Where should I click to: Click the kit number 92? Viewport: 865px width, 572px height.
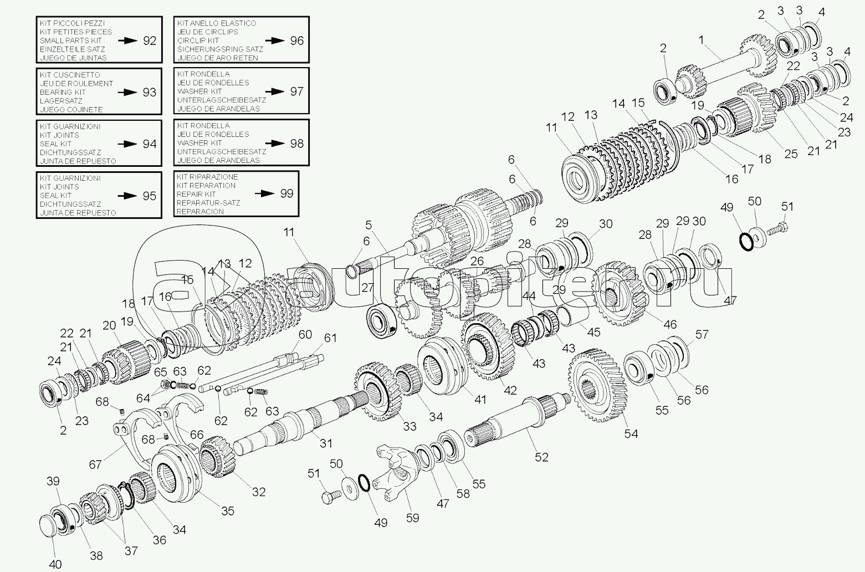(150, 40)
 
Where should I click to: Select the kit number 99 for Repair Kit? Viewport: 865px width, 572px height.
(286, 193)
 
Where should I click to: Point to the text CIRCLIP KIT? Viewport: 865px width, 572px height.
(198, 40)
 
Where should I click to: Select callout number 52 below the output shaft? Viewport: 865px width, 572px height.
(541, 457)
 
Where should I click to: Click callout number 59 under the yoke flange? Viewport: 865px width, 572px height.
(412, 518)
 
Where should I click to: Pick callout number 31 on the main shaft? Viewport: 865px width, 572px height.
(326, 443)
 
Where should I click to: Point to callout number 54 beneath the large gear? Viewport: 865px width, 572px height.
(631, 433)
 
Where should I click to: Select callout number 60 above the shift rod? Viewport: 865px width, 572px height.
(305, 334)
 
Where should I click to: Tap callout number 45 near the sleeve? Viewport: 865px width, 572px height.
(594, 332)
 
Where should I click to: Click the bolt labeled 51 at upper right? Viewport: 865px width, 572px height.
(780, 228)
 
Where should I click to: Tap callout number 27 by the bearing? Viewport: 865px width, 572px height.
(368, 288)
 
